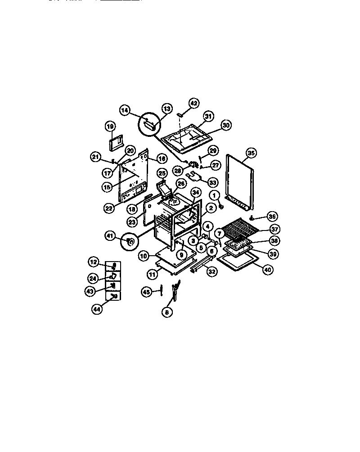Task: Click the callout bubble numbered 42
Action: [x=193, y=103]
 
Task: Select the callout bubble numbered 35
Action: [x=251, y=153]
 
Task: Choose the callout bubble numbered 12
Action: [x=93, y=262]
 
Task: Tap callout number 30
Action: [x=226, y=126]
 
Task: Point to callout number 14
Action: [x=125, y=109]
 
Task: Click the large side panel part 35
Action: [x=241, y=180]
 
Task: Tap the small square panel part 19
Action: [x=116, y=143]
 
